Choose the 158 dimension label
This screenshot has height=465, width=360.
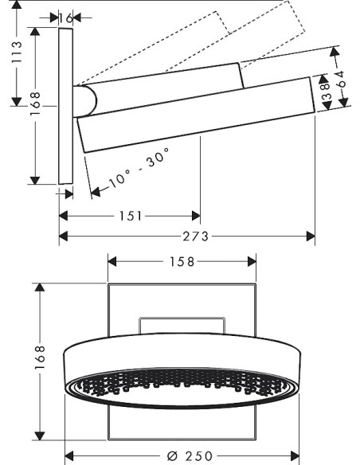[182, 261]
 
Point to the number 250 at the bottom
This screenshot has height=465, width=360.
[198, 455]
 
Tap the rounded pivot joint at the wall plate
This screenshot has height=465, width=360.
[86, 100]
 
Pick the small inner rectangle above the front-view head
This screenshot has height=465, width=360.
[182, 324]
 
